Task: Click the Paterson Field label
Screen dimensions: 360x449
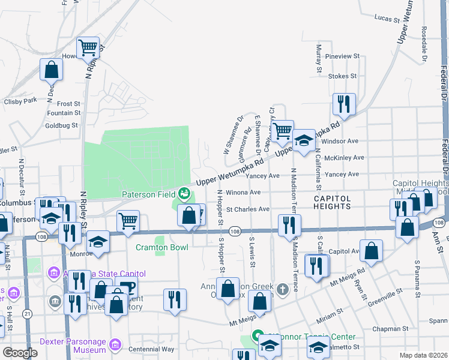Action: click(148, 194)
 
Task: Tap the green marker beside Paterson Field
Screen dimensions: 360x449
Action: click(184, 194)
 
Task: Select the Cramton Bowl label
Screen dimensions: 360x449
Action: click(162, 247)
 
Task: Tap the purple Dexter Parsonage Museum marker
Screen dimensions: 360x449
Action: click(115, 347)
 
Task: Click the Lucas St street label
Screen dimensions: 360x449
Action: click(387, 19)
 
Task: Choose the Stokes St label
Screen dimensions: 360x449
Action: click(343, 76)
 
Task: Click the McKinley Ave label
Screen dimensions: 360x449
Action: click(344, 158)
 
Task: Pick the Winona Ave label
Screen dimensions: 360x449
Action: click(247, 193)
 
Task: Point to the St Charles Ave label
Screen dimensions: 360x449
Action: click(248, 209)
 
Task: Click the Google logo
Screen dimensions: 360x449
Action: click(20, 353)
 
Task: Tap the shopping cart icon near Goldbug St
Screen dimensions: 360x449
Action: click(88, 46)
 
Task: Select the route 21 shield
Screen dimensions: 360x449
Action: click(28, 314)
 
